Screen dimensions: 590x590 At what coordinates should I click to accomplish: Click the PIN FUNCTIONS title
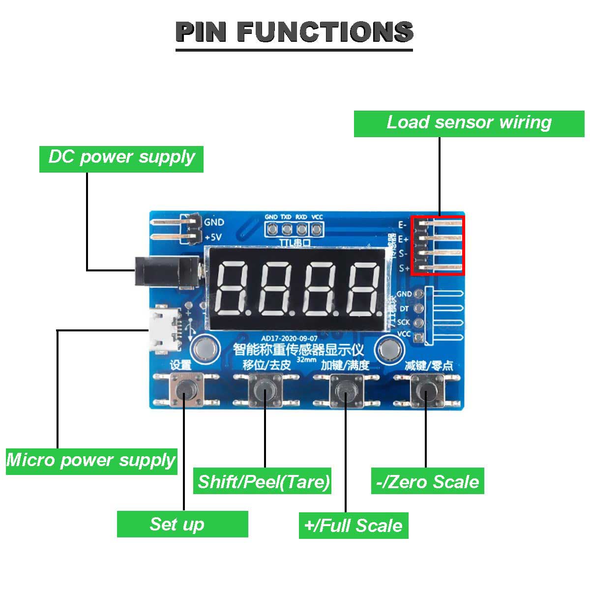(294, 32)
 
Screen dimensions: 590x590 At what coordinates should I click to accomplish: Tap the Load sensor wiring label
(469, 123)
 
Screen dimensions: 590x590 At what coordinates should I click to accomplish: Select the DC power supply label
(121, 158)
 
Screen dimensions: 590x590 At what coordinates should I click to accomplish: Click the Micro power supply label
(91, 461)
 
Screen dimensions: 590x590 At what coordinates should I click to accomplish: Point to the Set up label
(182, 524)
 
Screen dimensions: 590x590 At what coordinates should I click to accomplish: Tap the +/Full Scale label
(354, 526)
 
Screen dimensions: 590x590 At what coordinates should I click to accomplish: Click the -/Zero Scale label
(427, 481)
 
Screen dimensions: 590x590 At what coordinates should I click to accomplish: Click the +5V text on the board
(213, 237)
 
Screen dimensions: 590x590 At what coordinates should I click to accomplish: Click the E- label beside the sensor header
(403, 225)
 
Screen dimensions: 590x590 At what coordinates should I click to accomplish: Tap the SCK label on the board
(403, 323)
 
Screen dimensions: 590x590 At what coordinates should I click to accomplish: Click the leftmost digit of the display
(233, 289)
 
